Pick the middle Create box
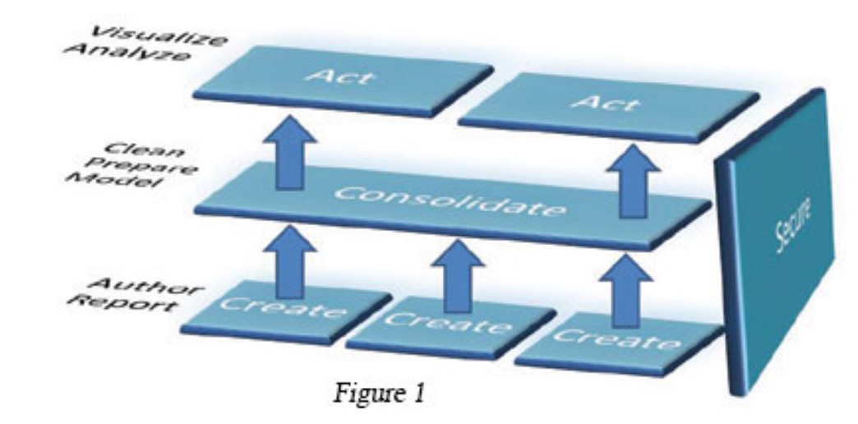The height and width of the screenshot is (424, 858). pyautogui.click(x=448, y=326)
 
